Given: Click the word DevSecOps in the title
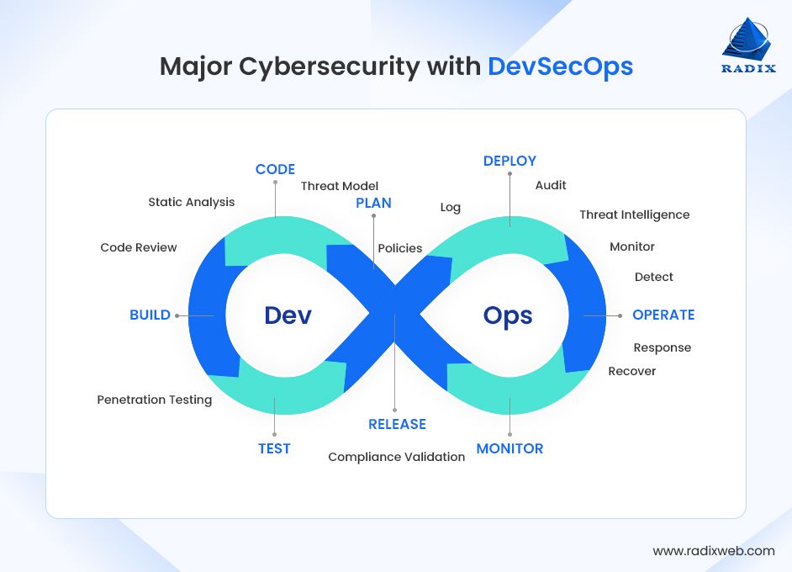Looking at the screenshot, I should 560,66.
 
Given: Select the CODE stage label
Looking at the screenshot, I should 275,169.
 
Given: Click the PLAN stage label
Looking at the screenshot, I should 373,203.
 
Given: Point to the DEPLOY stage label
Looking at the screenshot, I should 510,161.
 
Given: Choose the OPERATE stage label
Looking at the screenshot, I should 663,315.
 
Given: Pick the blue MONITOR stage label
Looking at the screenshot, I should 510,448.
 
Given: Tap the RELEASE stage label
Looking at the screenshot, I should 397,424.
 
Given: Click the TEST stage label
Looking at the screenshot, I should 274,448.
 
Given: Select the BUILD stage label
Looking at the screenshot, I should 150,315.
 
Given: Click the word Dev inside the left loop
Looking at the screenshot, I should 288,315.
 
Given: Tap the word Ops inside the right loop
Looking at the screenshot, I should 508,315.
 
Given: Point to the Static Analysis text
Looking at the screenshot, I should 192,202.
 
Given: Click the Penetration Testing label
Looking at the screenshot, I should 155,400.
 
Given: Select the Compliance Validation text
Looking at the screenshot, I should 396,457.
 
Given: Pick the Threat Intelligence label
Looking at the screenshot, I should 634,214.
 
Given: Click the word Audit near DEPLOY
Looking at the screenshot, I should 551,185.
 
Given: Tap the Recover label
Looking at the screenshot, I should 631,371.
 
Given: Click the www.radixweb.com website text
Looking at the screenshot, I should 714,551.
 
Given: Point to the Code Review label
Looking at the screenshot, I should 139,247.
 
